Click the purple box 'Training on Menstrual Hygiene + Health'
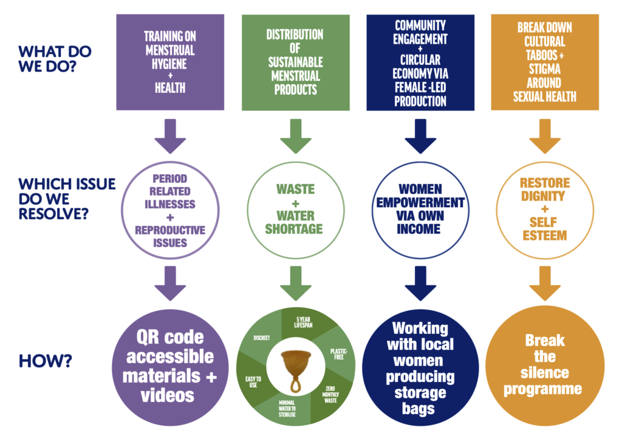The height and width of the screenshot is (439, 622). [x=169, y=62]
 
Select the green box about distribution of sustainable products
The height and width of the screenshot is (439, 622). [x=295, y=62]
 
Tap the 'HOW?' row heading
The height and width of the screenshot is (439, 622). [x=46, y=360]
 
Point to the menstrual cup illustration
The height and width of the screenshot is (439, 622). [x=295, y=367]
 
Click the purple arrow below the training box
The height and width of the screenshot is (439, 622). [x=169, y=136]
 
